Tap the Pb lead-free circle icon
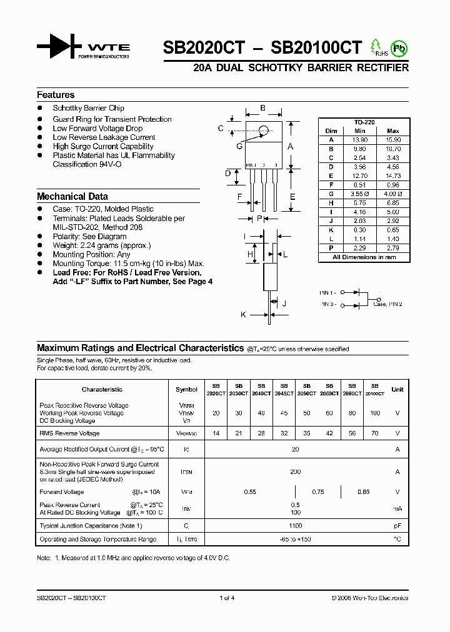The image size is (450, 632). tap(398, 47)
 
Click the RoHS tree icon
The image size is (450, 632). tap(376, 47)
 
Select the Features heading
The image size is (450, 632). tap(56, 95)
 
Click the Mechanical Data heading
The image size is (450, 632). tap(72, 196)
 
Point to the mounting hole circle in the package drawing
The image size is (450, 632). tap(264, 131)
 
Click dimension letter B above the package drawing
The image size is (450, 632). tap(263, 108)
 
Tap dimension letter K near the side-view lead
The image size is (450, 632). tap(243, 315)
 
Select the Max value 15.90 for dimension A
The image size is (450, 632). tap(392, 139)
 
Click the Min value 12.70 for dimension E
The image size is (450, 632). tap(359, 176)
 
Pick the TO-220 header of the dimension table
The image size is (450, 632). tap(364, 122)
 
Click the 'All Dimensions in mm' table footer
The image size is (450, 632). tap(364, 257)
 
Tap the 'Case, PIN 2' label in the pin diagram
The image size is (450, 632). tap(387, 304)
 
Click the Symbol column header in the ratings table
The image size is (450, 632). tap(186, 389)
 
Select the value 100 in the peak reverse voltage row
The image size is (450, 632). tap(374, 413)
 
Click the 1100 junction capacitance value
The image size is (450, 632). tap(295, 526)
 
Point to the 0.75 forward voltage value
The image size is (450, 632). tap(318, 492)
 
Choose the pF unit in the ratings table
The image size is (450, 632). tap(397, 526)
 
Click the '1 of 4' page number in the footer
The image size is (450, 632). tap(227, 598)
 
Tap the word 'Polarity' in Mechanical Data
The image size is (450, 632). tap(65, 237)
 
